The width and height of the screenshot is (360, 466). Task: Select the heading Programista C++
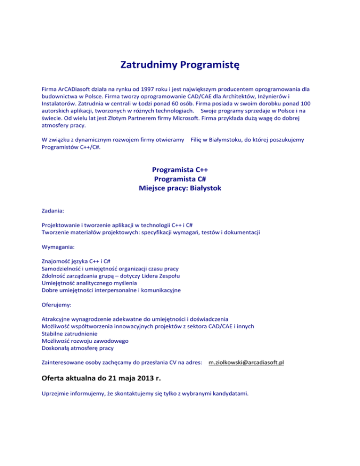click(x=180, y=170)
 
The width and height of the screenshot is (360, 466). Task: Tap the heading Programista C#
click(x=180, y=179)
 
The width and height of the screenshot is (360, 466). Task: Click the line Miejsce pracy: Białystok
click(x=180, y=188)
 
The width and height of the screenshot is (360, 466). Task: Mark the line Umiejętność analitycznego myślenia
click(x=90, y=283)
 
